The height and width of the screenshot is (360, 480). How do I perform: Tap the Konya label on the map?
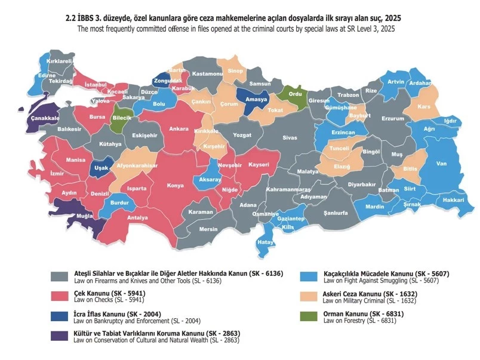pyautogui.click(x=175, y=185)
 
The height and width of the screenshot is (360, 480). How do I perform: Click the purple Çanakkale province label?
pyautogui.click(x=45, y=118)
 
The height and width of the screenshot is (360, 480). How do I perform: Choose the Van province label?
pyautogui.click(x=442, y=164)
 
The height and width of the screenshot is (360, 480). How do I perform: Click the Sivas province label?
pyautogui.click(x=290, y=138)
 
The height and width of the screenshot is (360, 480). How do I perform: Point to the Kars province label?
pyautogui.click(x=424, y=107)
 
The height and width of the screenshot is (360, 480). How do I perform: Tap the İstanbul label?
pyautogui.click(x=95, y=85)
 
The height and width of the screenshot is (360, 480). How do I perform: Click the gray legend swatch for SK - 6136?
pyautogui.click(x=60, y=277)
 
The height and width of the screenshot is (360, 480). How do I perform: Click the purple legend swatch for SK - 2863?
pyautogui.click(x=60, y=336)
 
